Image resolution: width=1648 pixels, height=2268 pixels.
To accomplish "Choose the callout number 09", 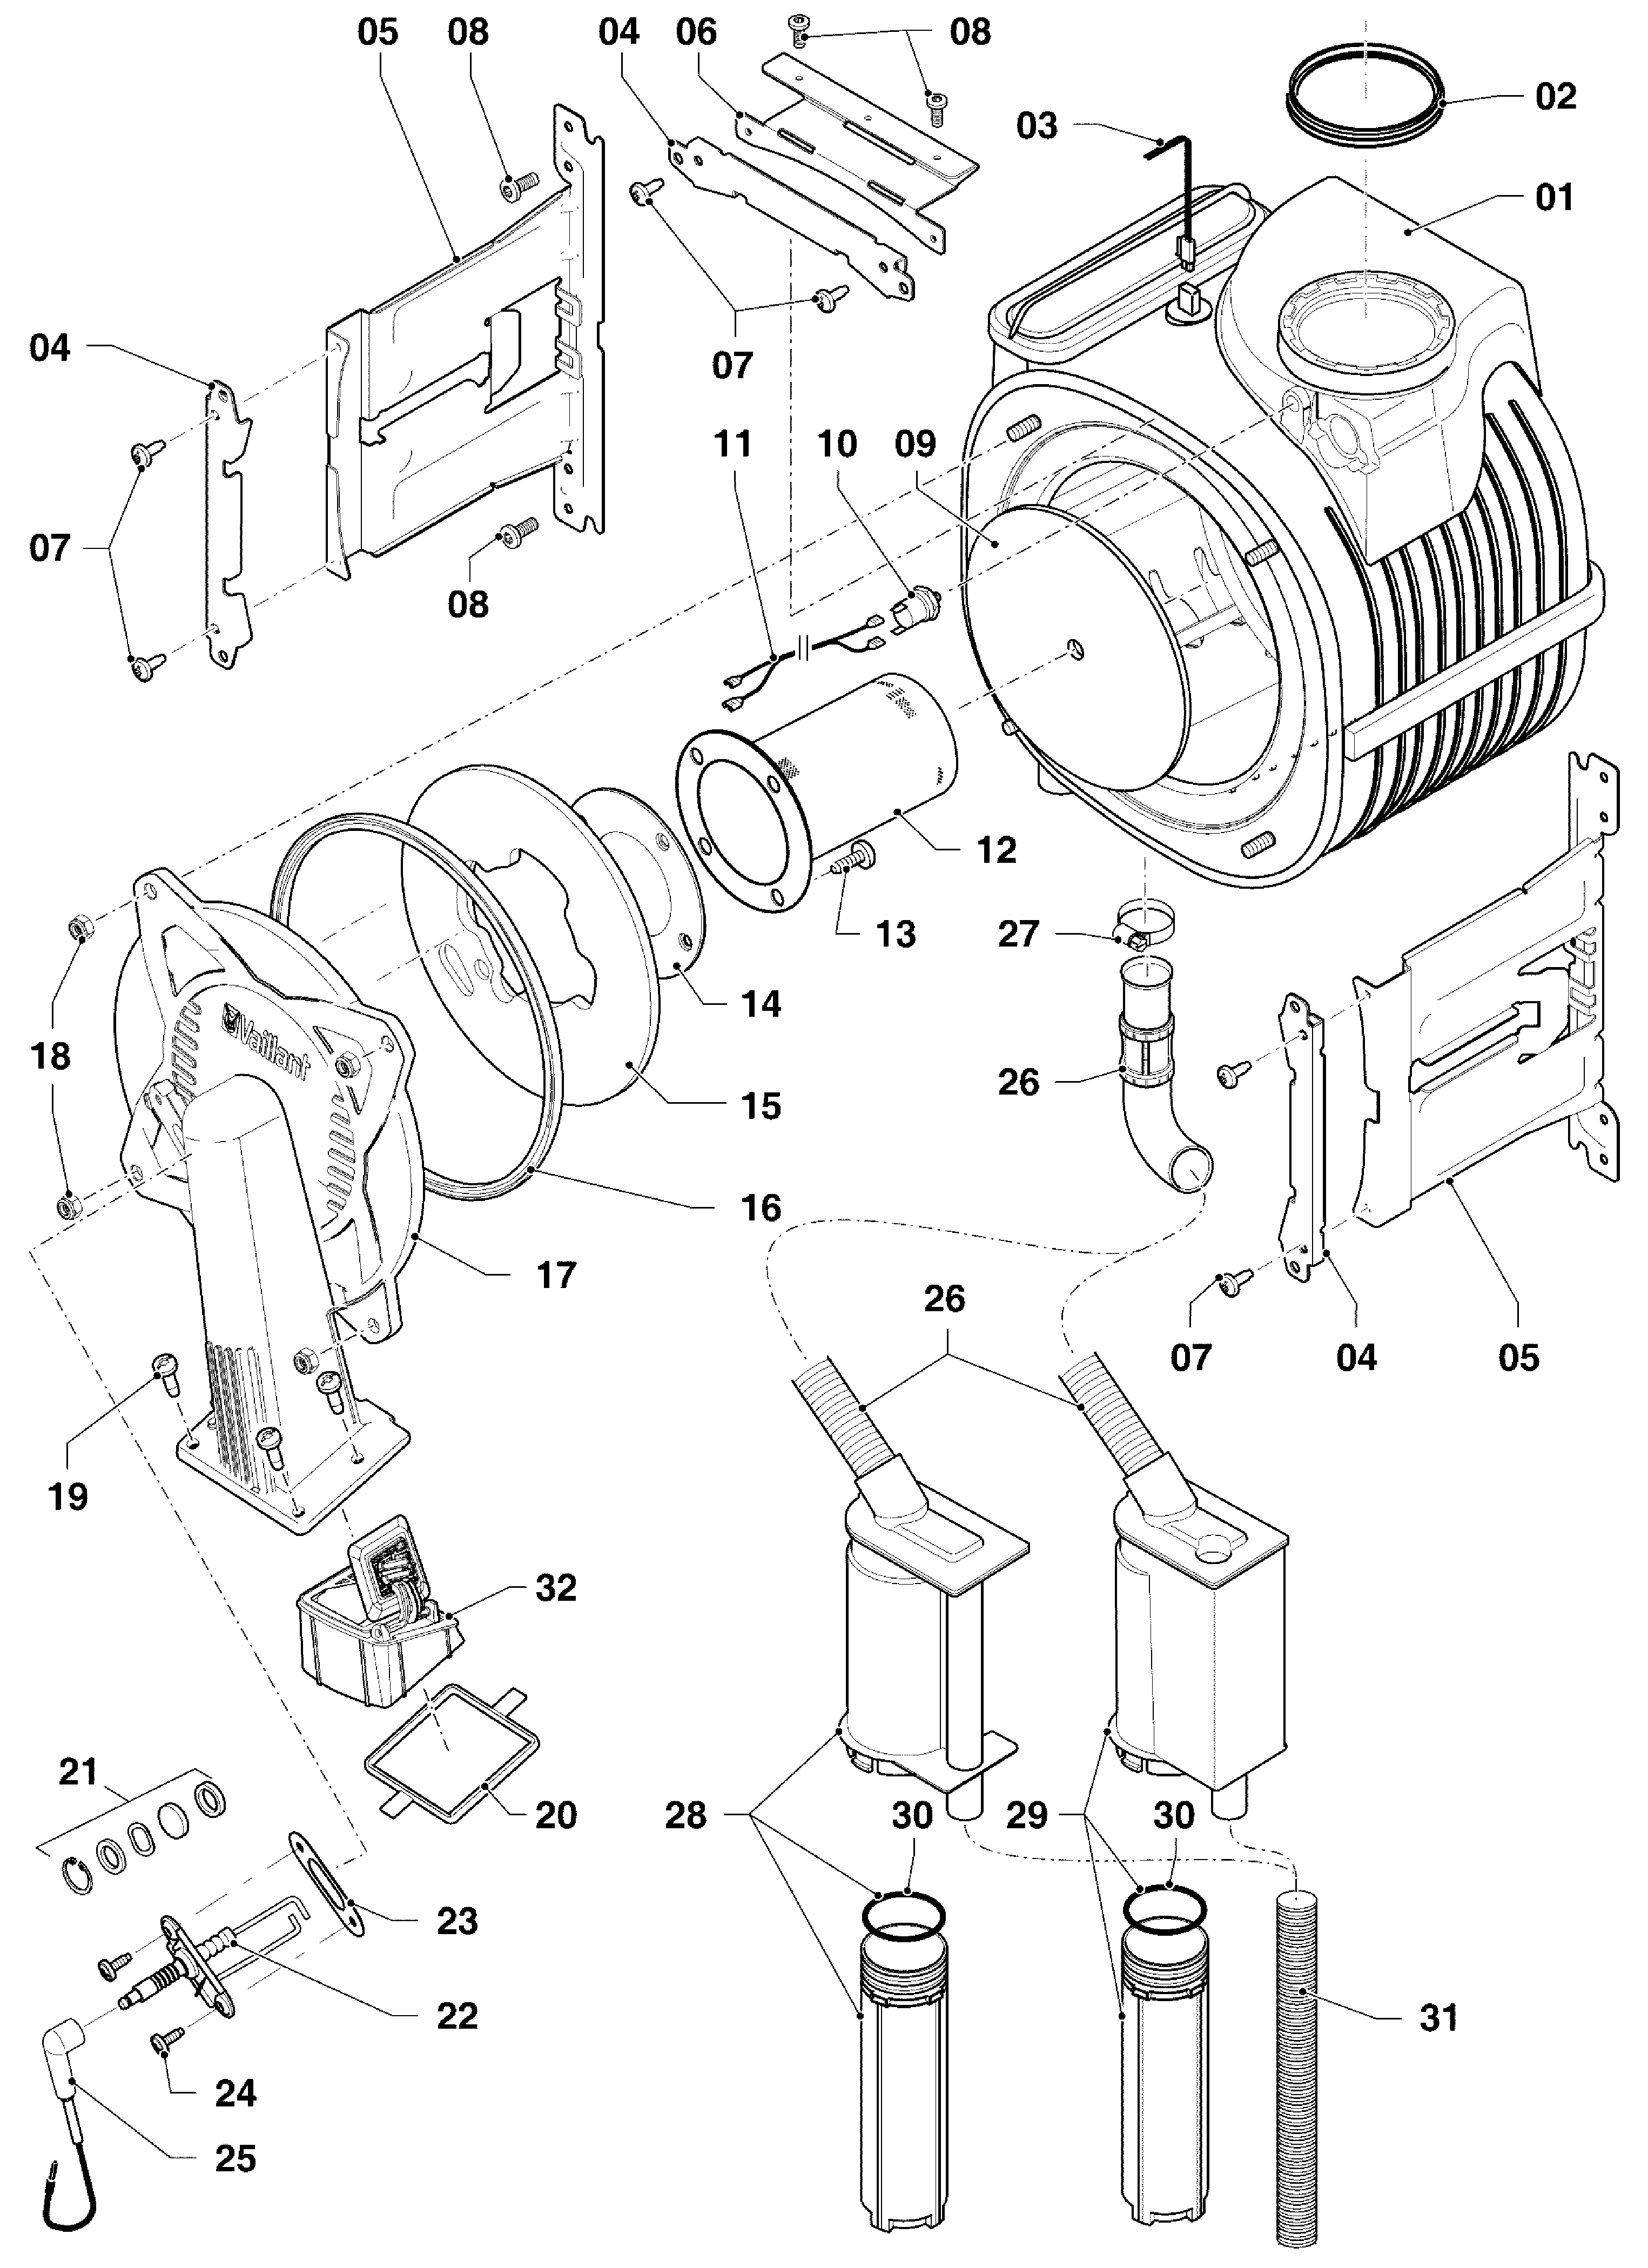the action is click(916, 443).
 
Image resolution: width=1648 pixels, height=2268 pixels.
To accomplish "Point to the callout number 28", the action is click(686, 1815).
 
